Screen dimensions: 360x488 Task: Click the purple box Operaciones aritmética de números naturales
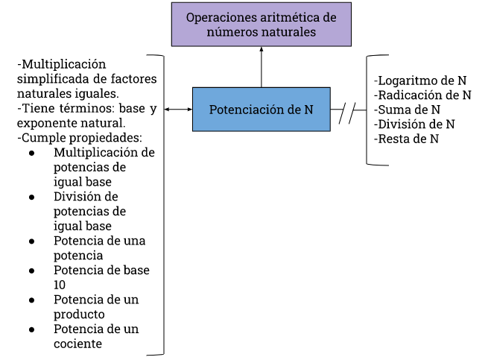point(261,25)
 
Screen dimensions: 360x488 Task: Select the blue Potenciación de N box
point(261,110)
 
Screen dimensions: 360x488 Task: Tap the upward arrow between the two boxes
point(262,67)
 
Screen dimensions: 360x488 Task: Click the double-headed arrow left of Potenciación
point(178,110)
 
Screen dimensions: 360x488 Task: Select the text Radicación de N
point(422,95)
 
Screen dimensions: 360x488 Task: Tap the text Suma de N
point(407,110)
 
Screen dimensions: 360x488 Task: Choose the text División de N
point(415,124)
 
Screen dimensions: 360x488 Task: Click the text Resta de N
point(407,139)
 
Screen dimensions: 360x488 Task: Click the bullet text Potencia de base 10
point(101,277)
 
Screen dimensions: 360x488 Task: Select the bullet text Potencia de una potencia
point(100,248)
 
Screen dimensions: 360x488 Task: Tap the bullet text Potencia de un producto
point(96,306)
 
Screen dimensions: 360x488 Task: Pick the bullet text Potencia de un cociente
point(96,336)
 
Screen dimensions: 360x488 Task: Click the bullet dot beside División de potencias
point(32,198)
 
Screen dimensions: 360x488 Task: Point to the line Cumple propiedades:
point(80,138)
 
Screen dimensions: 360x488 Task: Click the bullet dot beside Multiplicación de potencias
point(32,153)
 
